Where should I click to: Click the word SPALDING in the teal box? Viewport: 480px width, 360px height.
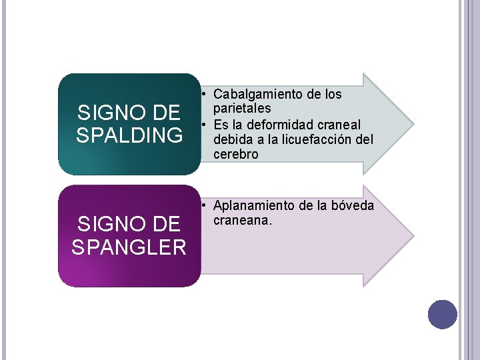point(129,135)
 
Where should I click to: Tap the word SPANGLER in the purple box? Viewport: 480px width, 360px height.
point(129,247)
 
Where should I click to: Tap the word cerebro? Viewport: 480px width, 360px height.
point(236,153)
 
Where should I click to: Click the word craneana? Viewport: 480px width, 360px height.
point(243,220)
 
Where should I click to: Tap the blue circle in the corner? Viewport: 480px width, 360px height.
point(442,314)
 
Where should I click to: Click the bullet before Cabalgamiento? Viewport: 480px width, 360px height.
point(207,95)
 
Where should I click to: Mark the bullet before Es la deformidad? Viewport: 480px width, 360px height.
point(207,125)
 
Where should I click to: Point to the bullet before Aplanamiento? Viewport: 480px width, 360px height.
point(207,206)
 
